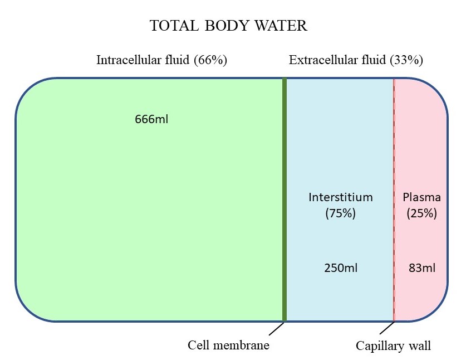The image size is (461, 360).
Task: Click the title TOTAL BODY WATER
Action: click(x=229, y=26)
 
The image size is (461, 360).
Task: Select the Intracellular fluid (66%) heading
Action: click(x=161, y=60)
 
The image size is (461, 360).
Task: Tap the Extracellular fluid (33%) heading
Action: click(x=356, y=60)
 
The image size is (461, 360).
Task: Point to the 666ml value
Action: click(x=151, y=119)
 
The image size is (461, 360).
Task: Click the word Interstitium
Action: click(x=340, y=197)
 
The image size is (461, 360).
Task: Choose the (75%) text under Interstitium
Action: click(x=340, y=213)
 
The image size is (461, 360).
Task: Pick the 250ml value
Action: click(x=340, y=267)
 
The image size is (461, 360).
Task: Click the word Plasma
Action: click(x=421, y=197)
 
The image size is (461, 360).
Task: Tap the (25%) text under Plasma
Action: click(x=421, y=213)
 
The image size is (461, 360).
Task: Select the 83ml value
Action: click(x=421, y=267)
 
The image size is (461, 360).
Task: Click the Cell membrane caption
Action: click(x=228, y=346)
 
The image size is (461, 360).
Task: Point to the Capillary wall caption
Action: click(x=393, y=346)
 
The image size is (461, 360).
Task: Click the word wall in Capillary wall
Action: click(x=419, y=346)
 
